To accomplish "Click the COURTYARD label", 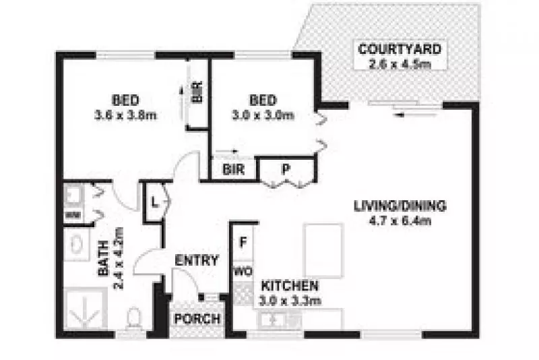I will coord(400,49).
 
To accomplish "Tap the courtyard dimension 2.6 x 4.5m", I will coord(400,64).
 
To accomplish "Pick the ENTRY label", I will coord(196,260).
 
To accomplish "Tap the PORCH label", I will coord(197,318).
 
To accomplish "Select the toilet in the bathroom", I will coord(133,316).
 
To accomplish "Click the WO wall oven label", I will coord(242,272).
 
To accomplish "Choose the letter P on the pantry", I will coord(285,169).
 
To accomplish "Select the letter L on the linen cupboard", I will coord(154,200).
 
